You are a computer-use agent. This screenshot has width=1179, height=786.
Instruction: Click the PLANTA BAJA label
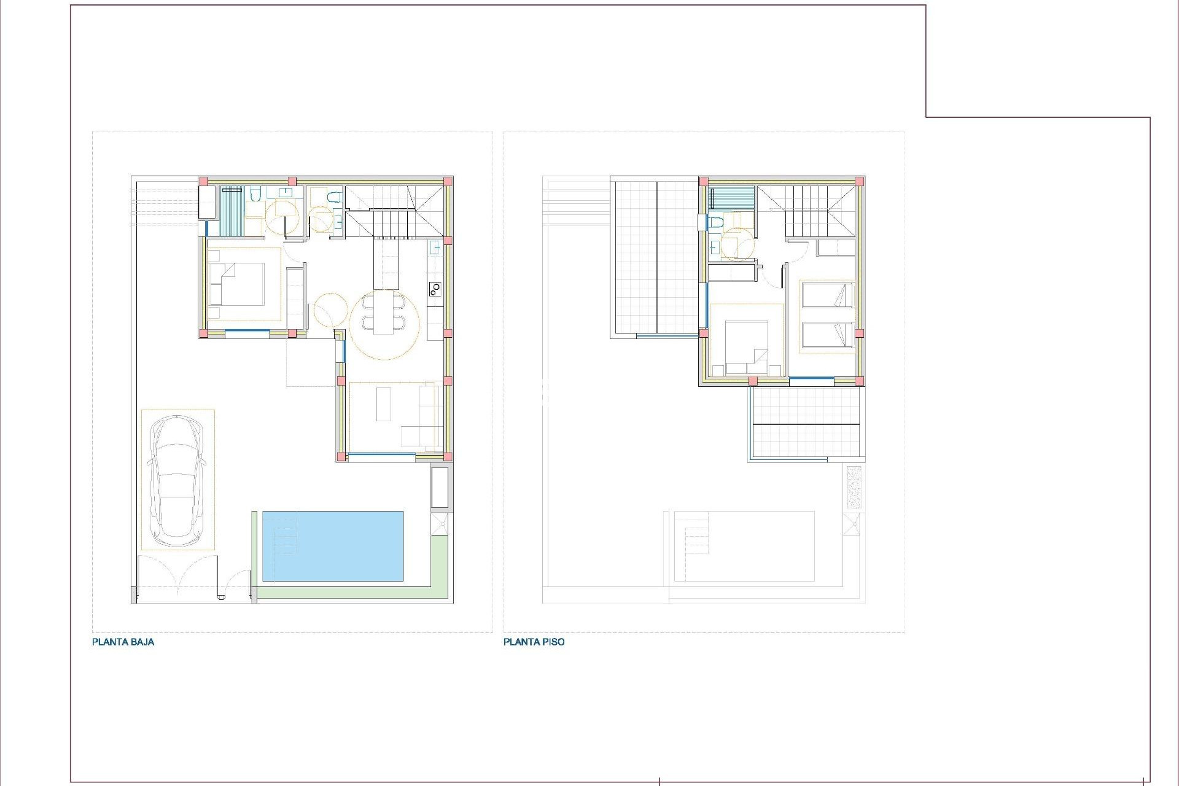123,642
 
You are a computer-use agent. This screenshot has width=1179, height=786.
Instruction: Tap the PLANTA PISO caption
534,642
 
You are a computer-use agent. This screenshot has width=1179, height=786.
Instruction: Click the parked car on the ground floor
178,481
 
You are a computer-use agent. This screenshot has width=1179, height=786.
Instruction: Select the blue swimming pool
333,545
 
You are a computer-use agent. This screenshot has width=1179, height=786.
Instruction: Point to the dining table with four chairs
384,312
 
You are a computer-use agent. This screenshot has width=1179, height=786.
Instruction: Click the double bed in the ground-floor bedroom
237,284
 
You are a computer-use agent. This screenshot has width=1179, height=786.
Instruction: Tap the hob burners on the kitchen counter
435,287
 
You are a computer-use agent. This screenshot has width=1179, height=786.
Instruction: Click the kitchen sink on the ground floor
435,248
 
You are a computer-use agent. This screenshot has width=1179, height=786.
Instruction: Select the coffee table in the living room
384,403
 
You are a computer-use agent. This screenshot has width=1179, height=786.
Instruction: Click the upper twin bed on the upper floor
827,295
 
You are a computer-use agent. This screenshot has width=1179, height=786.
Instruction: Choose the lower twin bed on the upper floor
827,335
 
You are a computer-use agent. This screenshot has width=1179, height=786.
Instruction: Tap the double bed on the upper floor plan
746,347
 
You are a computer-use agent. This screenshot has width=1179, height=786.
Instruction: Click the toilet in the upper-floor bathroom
715,223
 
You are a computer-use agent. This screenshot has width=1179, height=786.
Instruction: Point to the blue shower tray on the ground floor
232,211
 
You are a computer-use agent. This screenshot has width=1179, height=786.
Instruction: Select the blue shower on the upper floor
731,198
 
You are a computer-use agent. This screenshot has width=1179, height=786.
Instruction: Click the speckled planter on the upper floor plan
854,487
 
